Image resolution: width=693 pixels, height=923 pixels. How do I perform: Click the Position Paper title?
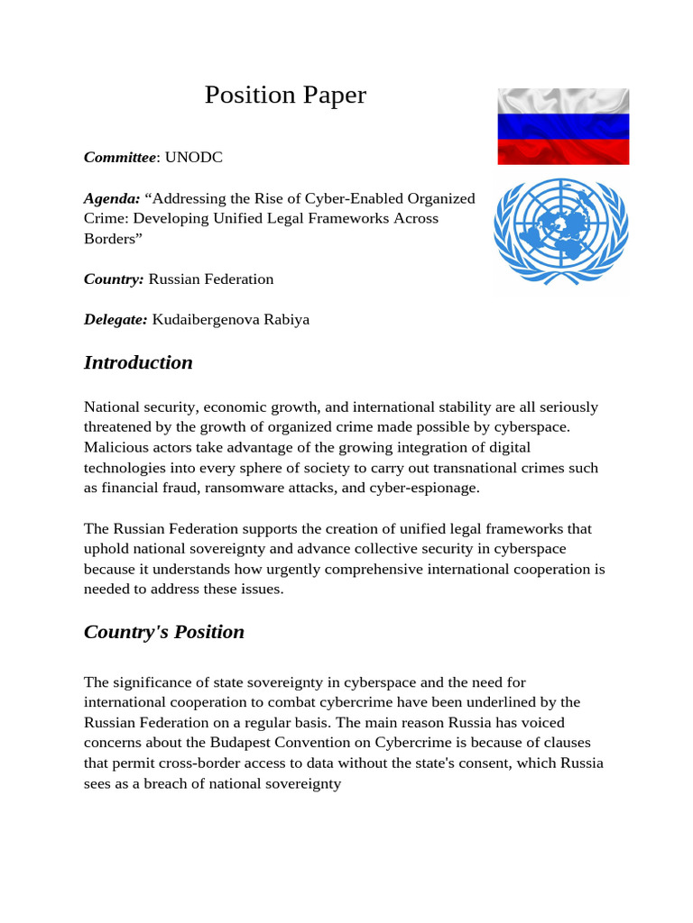pyautogui.click(x=285, y=95)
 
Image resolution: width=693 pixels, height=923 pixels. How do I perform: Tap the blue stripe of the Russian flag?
pyautogui.click(x=563, y=126)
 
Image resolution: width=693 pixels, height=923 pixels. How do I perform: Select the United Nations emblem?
pyautogui.click(x=559, y=231)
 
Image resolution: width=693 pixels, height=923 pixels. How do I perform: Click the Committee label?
pyautogui.click(x=120, y=158)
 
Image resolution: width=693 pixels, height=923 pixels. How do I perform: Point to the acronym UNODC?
pyautogui.click(x=193, y=158)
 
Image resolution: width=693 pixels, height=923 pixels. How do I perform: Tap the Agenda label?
pyautogui.click(x=111, y=198)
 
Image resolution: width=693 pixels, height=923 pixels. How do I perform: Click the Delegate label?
pyautogui.click(x=115, y=319)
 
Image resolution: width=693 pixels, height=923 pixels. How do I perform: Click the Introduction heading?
pyautogui.click(x=138, y=362)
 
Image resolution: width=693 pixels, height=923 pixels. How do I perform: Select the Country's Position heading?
pyautogui.click(x=164, y=632)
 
